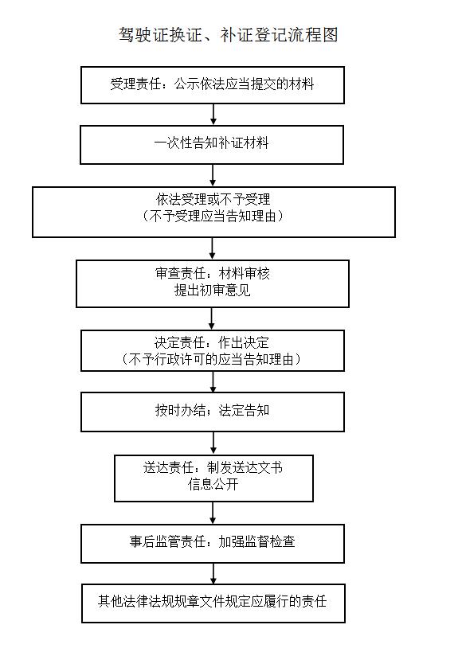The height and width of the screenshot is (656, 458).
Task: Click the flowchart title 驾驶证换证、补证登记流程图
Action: (x=228, y=35)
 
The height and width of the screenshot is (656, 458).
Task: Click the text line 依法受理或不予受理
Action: (x=213, y=199)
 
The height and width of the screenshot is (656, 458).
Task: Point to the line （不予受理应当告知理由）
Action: (x=213, y=216)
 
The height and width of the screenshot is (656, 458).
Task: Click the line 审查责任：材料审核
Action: (x=213, y=273)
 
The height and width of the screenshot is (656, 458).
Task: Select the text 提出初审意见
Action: (x=212, y=290)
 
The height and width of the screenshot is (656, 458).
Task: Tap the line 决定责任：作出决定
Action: (x=212, y=342)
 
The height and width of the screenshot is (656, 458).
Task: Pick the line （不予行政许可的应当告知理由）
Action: (x=212, y=359)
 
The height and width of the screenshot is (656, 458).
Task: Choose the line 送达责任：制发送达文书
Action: (x=213, y=467)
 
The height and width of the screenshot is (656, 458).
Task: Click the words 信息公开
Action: (x=213, y=485)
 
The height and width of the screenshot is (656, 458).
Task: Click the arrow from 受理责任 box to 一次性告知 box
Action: (x=213, y=114)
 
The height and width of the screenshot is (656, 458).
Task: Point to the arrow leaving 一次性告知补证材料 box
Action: (x=213, y=175)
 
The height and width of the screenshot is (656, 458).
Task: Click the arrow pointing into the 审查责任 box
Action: (x=212, y=248)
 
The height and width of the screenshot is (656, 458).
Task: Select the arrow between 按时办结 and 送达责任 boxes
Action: (x=213, y=443)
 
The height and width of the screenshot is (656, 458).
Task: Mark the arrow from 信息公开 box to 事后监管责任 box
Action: (x=213, y=513)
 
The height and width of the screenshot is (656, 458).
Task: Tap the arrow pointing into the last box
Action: (x=213, y=573)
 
